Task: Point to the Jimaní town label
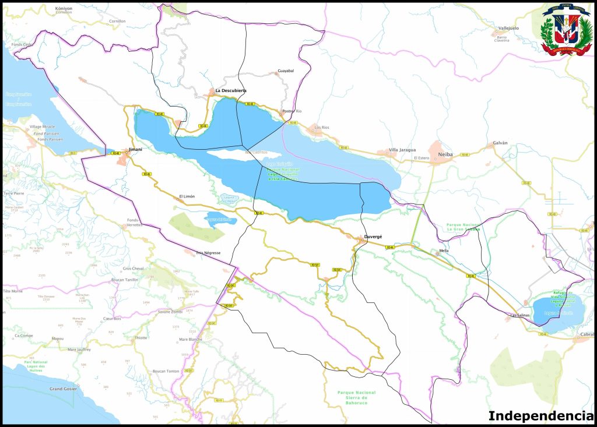(x=135, y=149)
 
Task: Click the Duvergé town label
(x=373, y=237)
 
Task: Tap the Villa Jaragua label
(x=403, y=150)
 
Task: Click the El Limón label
(x=187, y=196)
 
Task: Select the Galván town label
(x=500, y=143)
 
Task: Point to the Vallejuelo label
(x=508, y=27)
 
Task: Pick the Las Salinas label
(x=520, y=315)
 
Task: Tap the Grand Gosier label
(x=63, y=389)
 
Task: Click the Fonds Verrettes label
(x=134, y=223)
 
